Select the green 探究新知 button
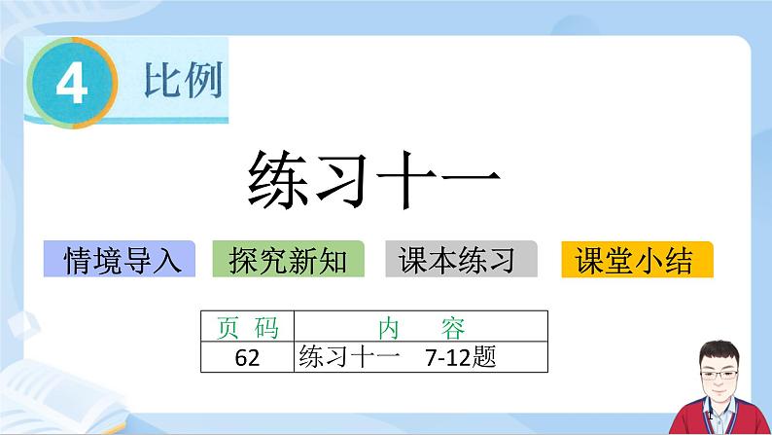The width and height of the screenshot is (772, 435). [288, 260]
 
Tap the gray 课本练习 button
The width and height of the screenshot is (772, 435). [461, 260]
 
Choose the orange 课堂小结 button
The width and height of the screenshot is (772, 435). [634, 260]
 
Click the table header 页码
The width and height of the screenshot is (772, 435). [246, 326]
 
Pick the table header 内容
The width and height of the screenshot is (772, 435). [421, 326]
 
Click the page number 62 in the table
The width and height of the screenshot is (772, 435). [247, 357]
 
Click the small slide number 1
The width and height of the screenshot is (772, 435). [712, 416]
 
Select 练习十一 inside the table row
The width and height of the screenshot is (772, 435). [350, 357]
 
